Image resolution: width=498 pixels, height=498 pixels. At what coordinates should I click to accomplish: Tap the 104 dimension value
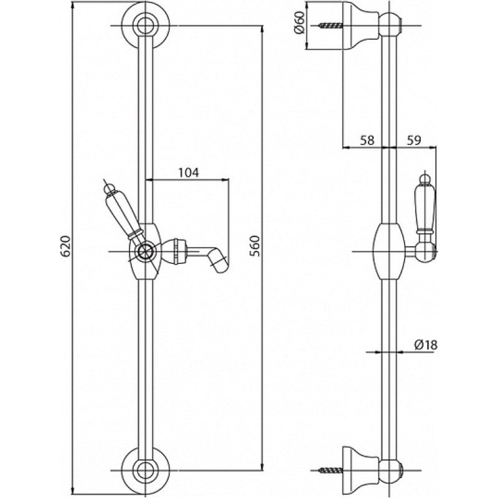pyautogui.click(x=187, y=173)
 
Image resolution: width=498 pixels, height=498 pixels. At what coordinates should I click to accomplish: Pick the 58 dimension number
pyautogui.click(x=367, y=141)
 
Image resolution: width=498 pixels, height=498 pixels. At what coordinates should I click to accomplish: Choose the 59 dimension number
pyautogui.click(x=412, y=141)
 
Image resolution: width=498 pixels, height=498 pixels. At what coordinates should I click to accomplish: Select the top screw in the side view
pyautogui.click(x=330, y=26)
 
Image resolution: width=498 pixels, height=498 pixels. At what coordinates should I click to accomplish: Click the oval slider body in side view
pyautogui.click(x=390, y=251)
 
